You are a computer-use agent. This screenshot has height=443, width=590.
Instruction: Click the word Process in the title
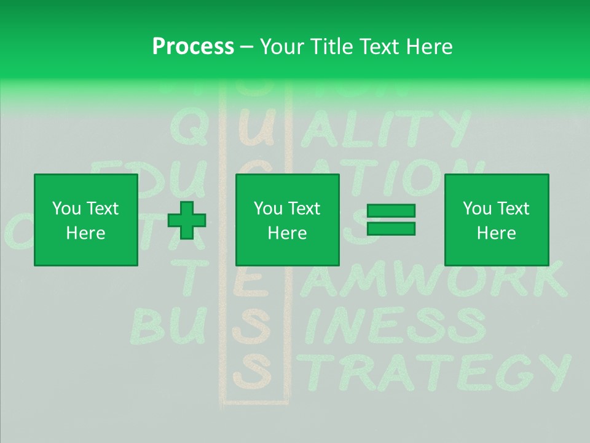coord(193,47)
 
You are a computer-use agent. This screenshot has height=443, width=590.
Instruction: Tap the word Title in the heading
coord(331,47)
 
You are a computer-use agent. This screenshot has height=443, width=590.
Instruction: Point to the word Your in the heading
coord(284,47)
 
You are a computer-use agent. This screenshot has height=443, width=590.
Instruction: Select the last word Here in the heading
coord(430,47)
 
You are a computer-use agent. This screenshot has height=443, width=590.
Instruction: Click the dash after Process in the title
coord(247,47)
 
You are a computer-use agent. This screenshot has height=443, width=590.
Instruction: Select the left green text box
coord(86,220)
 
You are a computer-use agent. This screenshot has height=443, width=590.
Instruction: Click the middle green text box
coord(288,220)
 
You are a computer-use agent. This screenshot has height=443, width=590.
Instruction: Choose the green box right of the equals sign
coord(497,220)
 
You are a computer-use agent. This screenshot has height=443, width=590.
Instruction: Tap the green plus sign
coord(187,220)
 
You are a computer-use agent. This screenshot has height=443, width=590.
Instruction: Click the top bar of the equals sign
coord(391,211)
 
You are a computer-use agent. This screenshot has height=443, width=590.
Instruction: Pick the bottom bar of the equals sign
coord(391,228)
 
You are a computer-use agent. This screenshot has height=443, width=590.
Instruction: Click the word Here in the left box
coord(86,233)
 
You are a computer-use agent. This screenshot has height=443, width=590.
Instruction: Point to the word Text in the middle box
coord(305,209)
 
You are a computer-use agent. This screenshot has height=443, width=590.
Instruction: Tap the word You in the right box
coord(477,209)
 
